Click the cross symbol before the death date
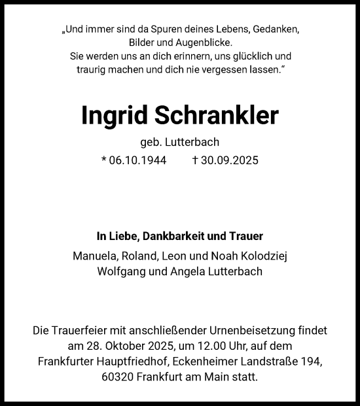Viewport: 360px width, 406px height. tap(195, 160)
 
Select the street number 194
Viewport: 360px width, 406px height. tap(310, 362)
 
